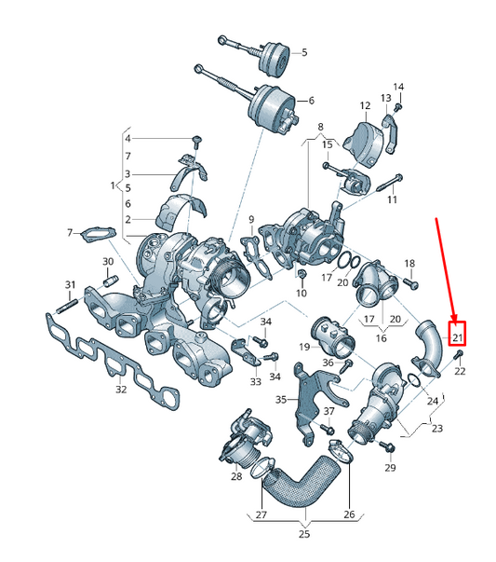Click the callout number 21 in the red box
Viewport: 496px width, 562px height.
[457, 336]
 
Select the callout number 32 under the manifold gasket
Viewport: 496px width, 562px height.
[120, 390]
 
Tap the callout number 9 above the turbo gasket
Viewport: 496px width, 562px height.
[249, 220]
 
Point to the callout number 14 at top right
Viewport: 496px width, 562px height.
[399, 88]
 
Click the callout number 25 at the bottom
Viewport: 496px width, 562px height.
[303, 535]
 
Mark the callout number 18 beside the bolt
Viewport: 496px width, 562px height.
[409, 263]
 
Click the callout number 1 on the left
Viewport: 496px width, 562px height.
[114, 185]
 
